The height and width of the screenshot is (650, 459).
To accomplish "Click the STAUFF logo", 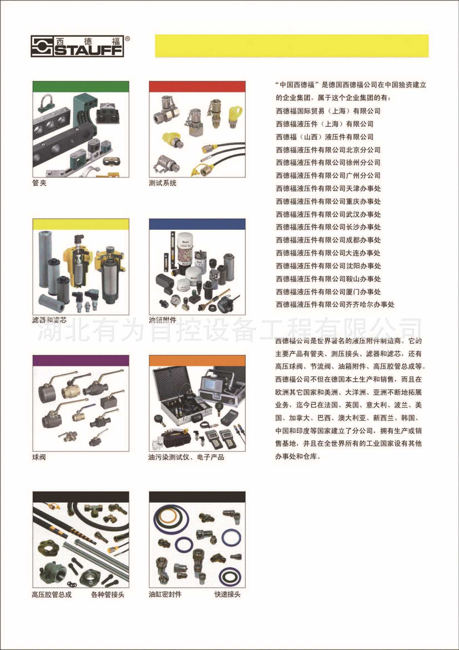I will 77,46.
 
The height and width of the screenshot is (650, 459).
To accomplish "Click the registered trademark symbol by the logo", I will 127,39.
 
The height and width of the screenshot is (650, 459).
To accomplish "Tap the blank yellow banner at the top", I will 292,46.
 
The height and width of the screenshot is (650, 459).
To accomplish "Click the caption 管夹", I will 39,183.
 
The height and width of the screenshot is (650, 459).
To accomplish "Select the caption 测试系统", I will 163,183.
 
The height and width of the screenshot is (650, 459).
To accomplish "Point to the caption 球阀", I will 39,457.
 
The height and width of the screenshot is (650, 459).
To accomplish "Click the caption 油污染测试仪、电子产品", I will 186,457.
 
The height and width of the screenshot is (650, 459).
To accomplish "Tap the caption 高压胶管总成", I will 52,594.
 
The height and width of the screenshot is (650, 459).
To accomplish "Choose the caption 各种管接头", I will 108,594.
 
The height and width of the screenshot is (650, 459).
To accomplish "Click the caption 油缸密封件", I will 165,594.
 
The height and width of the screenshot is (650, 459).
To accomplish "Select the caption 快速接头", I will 227,594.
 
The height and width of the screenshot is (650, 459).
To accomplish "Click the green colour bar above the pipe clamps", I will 81,86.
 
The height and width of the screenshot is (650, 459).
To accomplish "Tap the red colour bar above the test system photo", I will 197,86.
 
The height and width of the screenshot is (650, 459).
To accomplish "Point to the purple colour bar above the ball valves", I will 81,360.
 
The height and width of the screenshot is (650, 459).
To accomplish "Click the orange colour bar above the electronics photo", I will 197,360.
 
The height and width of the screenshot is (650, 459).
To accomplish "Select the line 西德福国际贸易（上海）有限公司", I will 328,111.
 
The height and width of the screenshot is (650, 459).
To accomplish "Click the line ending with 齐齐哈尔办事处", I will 335,304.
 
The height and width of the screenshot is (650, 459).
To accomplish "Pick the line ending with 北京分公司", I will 328,150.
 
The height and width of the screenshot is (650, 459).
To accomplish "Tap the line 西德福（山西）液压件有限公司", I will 325,137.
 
